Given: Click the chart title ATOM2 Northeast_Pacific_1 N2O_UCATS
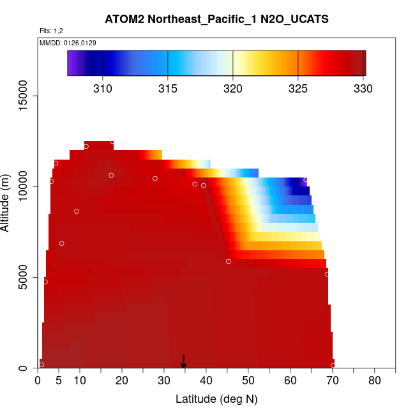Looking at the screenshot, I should [216, 19].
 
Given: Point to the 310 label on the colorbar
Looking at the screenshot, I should [103, 88].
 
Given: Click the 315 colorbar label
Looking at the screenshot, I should [168, 88].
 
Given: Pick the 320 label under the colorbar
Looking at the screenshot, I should [232, 88].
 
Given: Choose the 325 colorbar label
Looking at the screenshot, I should [298, 88].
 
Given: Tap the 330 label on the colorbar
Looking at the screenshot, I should [363, 88].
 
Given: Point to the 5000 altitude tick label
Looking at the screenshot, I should [27, 278].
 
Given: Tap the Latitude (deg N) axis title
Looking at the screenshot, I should [216, 400].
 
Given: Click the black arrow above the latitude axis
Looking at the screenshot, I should [184, 362].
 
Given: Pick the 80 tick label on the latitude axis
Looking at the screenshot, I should [375, 381].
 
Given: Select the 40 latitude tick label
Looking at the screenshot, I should [206, 381].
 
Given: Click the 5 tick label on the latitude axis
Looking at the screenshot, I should [59, 381].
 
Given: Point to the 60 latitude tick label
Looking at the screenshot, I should [290, 381].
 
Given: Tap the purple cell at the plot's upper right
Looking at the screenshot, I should [305, 181].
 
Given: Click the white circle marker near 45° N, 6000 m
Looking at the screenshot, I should [228, 261].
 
